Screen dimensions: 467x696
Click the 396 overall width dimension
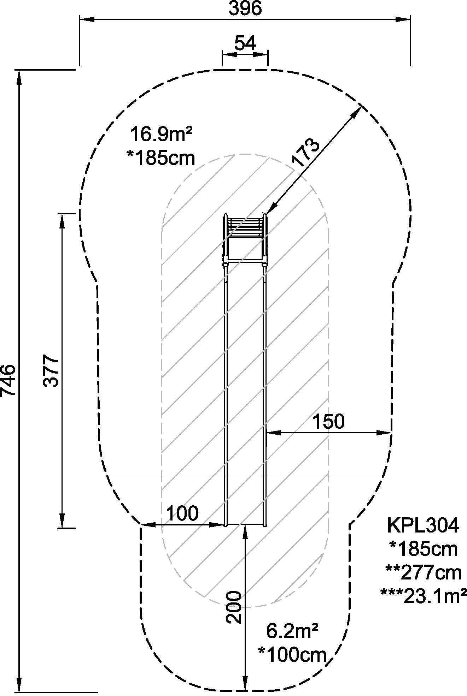coord(245,8)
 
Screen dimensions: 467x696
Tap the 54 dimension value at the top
coord(245,44)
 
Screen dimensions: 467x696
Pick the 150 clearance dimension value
coord(328,421)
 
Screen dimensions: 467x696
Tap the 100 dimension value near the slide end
coord(182,513)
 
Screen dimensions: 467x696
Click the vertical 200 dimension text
coord(234,607)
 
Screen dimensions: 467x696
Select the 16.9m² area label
coord(161,135)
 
